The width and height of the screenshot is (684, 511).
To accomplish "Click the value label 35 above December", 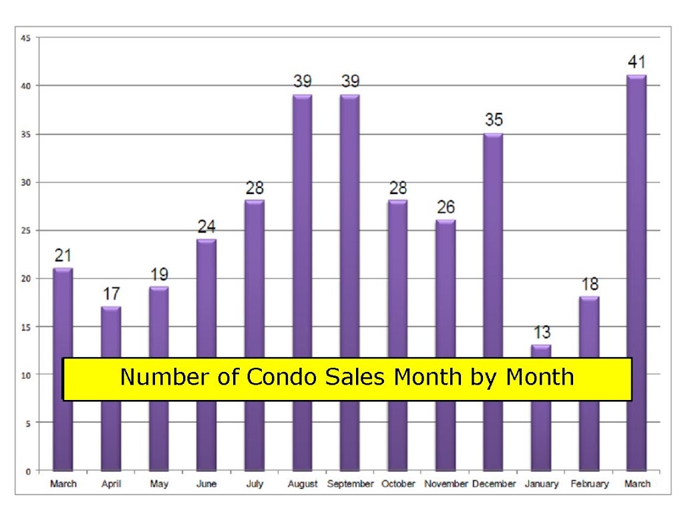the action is [x=494, y=120].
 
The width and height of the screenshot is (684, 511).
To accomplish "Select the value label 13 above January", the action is [x=542, y=332].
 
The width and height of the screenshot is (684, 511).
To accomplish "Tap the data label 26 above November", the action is [x=446, y=207].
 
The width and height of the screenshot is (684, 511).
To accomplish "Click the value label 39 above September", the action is [x=350, y=81].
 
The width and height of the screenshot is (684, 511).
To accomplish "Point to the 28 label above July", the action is [x=254, y=188].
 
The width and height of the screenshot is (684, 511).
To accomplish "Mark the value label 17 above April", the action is [x=112, y=294].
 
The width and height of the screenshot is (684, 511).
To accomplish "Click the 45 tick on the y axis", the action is [x=26, y=38].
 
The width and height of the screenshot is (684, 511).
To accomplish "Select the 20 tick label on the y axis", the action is [x=26, y=279].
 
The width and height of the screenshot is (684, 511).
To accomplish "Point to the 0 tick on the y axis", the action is [x=28, y=472].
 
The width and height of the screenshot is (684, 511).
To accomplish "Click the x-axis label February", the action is [x=589, y=484].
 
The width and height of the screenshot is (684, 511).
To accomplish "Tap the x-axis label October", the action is [x=398, y=484].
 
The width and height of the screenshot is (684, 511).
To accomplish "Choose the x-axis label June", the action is [x=207, y=484].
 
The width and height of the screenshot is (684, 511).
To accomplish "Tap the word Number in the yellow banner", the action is [x=164, y=377].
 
